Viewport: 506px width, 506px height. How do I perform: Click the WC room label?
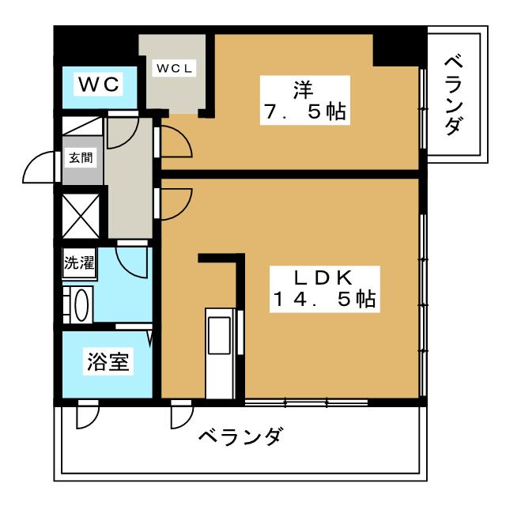99,84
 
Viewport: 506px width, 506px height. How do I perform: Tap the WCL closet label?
174,69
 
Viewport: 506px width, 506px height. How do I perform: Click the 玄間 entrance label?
80,157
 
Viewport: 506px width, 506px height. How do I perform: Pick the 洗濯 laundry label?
79,263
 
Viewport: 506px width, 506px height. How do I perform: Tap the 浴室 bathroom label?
108,364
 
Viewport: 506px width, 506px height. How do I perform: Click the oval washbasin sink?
79,304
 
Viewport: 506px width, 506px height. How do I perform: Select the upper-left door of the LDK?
174,202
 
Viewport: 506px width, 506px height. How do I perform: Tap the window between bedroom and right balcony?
424,107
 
